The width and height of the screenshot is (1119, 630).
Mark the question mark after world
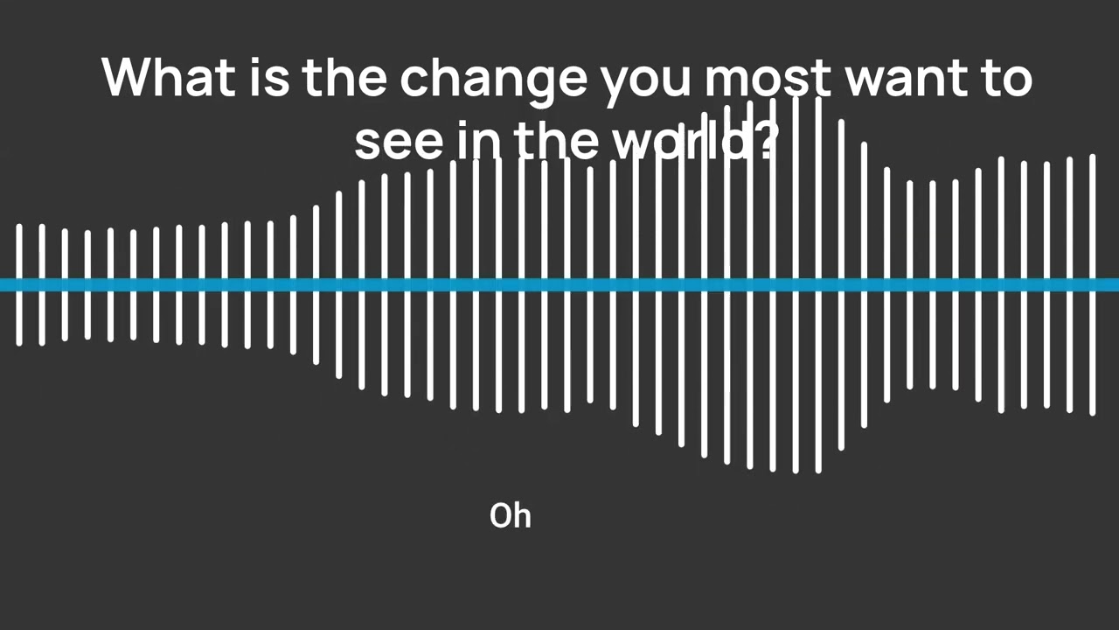pyautogui.click(x=764, y=140)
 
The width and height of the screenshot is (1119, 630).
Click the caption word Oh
pyautogui.click(x=511, y=516)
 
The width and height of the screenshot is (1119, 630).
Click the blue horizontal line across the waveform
pyautogui.click(x=559, y=284)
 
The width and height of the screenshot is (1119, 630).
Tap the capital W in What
pyautogui.click(x=126, y=77)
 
